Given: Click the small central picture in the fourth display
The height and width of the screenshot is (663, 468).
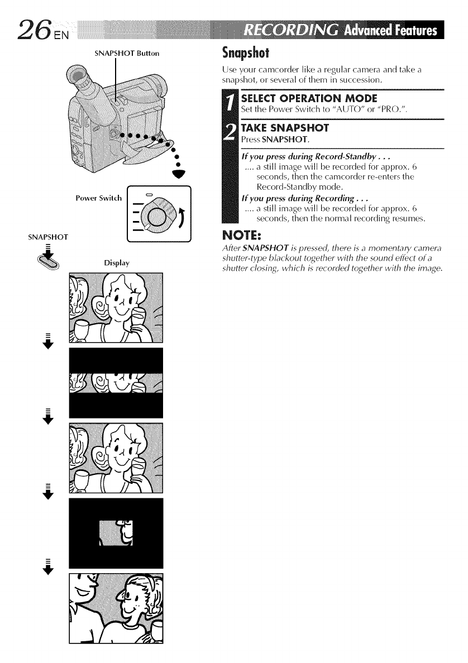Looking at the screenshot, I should (116, 533).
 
